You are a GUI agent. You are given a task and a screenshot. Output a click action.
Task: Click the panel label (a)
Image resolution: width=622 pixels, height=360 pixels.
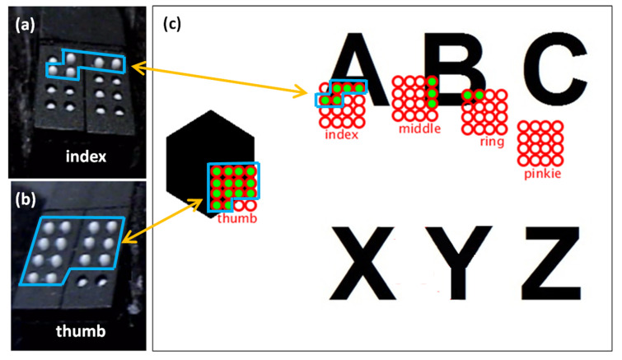22,23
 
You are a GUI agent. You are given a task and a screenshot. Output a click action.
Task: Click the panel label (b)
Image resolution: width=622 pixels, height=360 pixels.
23,199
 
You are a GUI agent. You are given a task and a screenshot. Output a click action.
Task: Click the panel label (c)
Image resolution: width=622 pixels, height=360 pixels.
173,23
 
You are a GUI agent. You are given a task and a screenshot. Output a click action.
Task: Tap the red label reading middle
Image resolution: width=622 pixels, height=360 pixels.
419,129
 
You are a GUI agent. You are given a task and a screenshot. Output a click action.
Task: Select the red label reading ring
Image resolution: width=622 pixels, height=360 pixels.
491,141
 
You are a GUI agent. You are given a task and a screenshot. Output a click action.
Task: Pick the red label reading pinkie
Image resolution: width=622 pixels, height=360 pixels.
540,174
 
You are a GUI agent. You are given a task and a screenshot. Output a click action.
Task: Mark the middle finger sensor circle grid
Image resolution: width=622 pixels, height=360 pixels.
415,99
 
